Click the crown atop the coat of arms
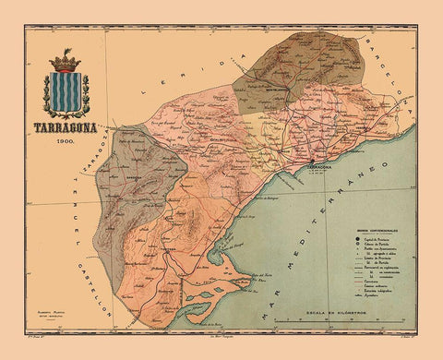point(66,63)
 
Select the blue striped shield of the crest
point(66,93)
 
